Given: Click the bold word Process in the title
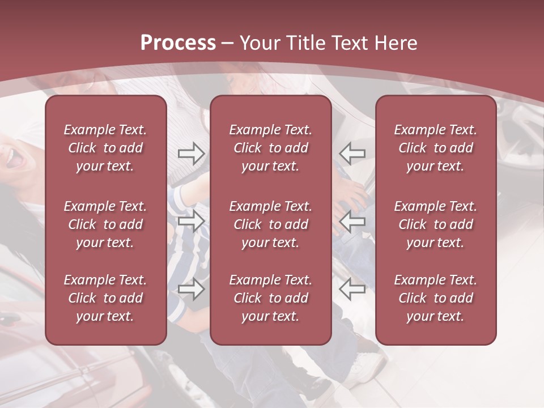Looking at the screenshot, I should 178,43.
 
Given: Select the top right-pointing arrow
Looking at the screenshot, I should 192,153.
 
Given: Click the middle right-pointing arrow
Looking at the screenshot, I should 192,221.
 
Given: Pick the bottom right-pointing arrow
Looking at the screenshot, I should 192,289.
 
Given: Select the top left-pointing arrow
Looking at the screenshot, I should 352,153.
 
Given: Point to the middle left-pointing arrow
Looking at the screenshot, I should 352,221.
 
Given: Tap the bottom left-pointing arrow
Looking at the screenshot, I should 352,289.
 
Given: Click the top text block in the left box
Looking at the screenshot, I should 105,148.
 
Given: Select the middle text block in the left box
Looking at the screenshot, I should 105,224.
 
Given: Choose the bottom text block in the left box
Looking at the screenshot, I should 105,298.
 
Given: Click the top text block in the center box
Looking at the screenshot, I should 271,148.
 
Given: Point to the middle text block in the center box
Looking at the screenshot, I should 271,224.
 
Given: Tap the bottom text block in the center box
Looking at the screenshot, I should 271,298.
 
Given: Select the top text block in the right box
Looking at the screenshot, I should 436,148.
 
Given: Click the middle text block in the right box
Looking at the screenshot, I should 436,224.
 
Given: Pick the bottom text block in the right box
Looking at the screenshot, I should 436,298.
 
